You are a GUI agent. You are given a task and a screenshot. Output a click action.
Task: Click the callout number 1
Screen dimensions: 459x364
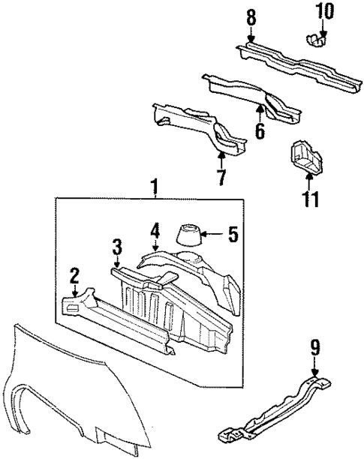click(x=154, y=185)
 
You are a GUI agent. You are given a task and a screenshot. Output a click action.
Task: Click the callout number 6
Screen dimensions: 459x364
click(x=260, y=130)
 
